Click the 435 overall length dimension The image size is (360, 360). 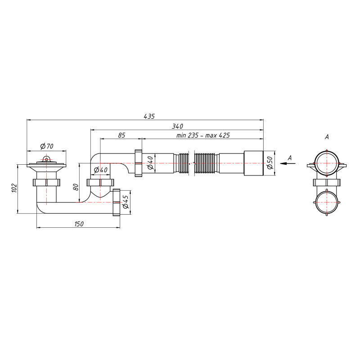tap(149, 117)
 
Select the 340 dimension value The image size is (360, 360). tap(177, 126)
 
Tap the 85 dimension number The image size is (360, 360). tap(121, 135)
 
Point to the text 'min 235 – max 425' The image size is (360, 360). tap(203, 135)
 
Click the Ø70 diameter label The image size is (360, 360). tap(47, 146)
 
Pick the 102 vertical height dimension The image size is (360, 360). tap(14, 188)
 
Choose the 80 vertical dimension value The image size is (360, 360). tap(76, 187)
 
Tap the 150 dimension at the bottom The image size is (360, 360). tap(79, 224)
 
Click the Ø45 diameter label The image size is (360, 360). tap(126, 202)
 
